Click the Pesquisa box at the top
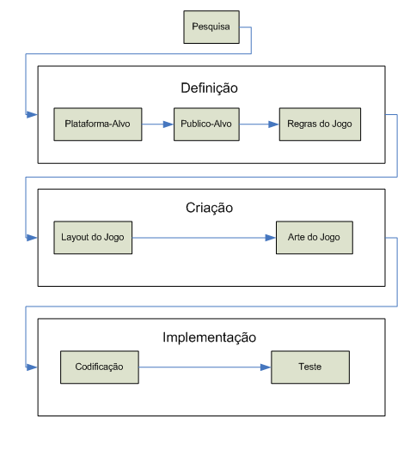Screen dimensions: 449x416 (x=210, y=27)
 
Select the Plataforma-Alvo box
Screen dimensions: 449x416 (x=97, y=124)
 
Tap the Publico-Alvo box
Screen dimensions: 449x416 (x=205, y=124)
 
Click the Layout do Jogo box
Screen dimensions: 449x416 (x=94, y=236)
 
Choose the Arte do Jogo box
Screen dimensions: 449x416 (x=314, y=236)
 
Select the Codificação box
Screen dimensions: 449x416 (x=100, y=367)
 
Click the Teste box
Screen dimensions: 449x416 (x=309, y=367)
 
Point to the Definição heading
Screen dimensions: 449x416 (x=209, y=88)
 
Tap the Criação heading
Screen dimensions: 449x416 (x=209, y=208)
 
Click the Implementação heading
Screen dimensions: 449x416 (x=209, y=337)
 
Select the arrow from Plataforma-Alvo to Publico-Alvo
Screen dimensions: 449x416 (x=156, y=124)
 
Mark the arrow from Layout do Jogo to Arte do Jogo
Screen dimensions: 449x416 (x=204, y=236)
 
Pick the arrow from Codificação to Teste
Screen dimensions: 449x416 (x=205, y=367)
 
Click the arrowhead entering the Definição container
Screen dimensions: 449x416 (x=34, y=113)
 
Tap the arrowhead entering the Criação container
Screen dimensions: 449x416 (x=34, y=237)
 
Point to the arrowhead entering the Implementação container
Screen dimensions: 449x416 (x=34, y=367)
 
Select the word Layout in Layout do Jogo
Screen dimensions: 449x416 (x=76, y=236)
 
